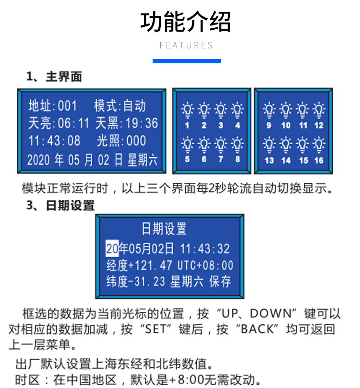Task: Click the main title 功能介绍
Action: (x=186, y=22)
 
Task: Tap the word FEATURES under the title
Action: (x=186, y=46)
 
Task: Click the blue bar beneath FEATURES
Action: (x=186, y=61)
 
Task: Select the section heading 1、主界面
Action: (x=54, y=77)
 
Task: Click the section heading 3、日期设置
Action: (x=60, y=206)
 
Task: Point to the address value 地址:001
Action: (x=53, y=106)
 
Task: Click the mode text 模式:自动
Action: (x=120, y=106)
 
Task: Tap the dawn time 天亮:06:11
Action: (x=59, y=123)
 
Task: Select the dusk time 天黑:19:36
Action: (x=127, y=123)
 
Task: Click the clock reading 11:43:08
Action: (x=54, y=141)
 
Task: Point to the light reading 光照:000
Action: (x=121, y=141)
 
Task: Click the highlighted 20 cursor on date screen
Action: (x=112, y=248)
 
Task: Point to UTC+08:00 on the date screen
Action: (x=205, y=265)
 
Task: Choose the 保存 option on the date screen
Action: (x=220, y=282)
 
